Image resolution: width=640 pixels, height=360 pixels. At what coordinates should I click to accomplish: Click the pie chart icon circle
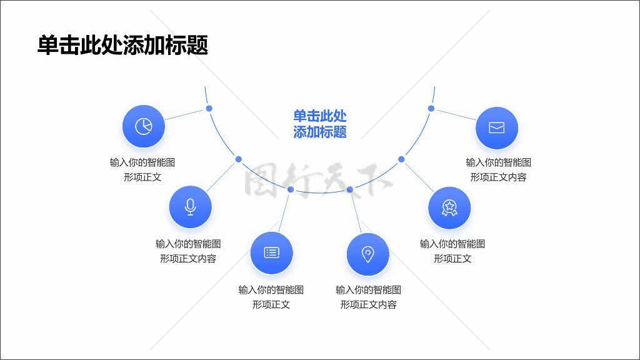pos(144,126)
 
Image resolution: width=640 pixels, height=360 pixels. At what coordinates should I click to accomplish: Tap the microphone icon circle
pos(191,207)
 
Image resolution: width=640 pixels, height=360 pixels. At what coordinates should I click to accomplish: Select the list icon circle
pos(271,252)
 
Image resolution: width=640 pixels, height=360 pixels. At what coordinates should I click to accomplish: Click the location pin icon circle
pos(368,254)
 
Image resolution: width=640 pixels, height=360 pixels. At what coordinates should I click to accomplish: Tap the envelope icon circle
pos(496,128)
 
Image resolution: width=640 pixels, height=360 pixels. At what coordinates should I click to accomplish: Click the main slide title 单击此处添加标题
pos(122,46)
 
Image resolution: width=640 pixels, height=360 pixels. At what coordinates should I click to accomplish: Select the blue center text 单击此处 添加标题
pos(319,124)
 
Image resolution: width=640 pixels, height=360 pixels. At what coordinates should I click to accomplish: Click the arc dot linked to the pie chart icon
pos(209,108)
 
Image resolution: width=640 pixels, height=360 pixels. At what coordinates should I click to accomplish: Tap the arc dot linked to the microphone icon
pos(238,159)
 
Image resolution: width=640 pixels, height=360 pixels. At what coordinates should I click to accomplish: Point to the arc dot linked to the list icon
pos(290,189)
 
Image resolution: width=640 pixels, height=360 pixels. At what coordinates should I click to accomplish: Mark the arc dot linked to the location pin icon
pos(350,189)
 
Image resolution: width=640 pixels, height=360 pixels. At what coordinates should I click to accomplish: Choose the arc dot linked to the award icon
pos(401,159)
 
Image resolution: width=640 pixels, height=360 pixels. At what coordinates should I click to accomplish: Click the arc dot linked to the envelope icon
pos(431,108)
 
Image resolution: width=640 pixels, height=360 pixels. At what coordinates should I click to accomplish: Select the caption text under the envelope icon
pos(498,169)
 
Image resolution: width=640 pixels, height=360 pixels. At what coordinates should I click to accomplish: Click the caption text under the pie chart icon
pos(142,169)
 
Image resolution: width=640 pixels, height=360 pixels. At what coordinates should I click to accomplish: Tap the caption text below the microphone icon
pos(188,251)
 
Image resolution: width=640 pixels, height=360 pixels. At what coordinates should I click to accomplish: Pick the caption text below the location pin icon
pos(368,297)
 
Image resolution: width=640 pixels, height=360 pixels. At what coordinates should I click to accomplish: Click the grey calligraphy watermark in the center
pos(318,181)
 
